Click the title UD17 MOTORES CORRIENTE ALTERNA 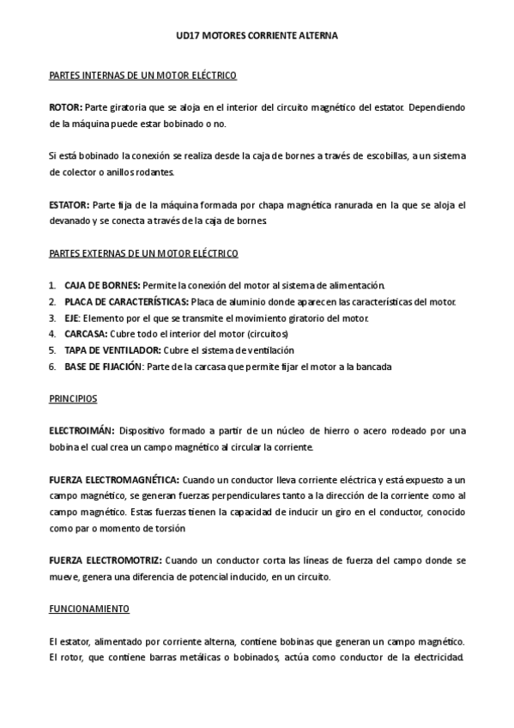click(x=257, y=36)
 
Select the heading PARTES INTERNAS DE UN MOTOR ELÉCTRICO click(x=143, y=76)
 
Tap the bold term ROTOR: click(x=66, y=107)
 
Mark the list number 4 click(x=52, y=334)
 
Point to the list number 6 click(x=52, y=367)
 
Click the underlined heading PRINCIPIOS click(x=73, y=399)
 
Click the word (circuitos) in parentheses click(x=267, y=334)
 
